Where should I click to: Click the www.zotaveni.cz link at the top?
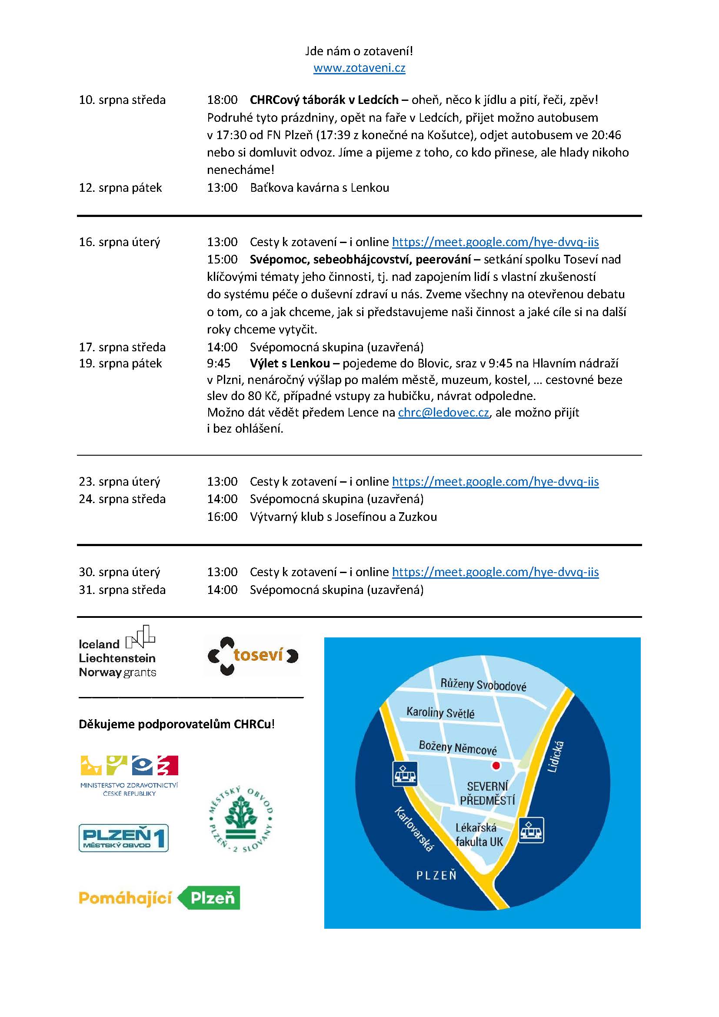click(359, 68)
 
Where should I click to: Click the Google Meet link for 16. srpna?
click(495, 242)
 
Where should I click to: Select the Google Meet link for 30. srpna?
click(495, 572)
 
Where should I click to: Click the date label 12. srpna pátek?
click(120, 188)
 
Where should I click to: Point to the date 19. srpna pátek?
click(120, 363)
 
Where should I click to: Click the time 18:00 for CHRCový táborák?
click(222, 100)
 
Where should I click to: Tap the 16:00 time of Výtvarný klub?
click(222, 517)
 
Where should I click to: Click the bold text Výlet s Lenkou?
click(290, 363)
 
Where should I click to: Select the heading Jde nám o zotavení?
click(359, 51)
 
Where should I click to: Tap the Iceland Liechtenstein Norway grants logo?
click(118, 652)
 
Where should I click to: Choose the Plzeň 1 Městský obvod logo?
click(123, 837)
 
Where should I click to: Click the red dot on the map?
click(496, 765)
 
